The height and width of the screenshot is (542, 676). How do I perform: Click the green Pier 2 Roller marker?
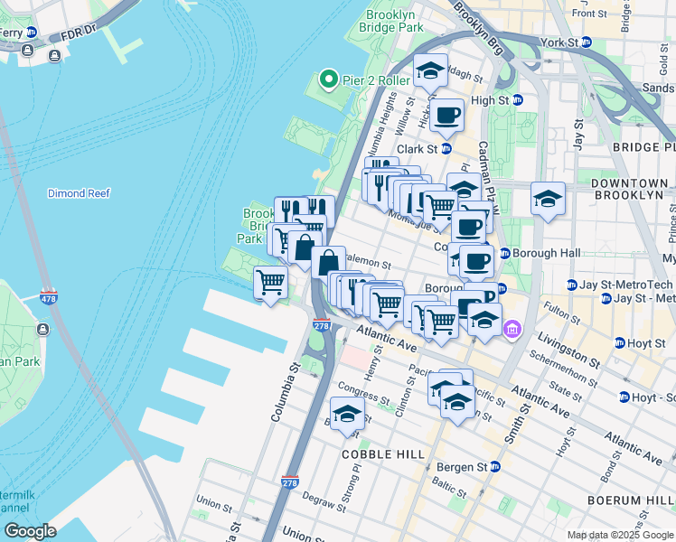pyautogui.click(x=329, y=80)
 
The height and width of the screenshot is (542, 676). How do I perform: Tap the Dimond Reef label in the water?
pyautogui.click(x=80, y=193)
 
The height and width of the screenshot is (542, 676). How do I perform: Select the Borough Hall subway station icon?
pyautogui.click(x=504, y=253)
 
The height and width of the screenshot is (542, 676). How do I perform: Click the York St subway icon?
pyautogui.click(x=586, y=42)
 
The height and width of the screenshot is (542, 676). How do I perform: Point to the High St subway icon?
pyautogui.click(x=518, y=100)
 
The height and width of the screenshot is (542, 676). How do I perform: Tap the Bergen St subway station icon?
pyautogui.click(x=494, y=467)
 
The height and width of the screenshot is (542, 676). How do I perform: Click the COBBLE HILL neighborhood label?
pyautogui.click(x=384, y=453)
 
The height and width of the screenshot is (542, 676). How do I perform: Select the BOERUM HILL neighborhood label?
pyautogui.click(x=642, y=500)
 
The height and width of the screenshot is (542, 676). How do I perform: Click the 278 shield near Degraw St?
pyautogui.click(x=289, y=484)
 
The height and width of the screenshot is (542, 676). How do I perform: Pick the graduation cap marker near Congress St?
pyautogui.click(x=347, y=414)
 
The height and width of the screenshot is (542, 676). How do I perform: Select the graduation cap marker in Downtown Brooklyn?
pyautogui.click(x=547, y=199)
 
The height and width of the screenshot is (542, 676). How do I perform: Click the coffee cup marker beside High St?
pyautogui.click(x=447, y=115)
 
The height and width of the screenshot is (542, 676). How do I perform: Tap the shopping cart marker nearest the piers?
pyautogui.click(x=270, y=282)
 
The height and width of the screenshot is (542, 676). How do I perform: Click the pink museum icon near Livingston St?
pyautogui.click(x=513, y=331)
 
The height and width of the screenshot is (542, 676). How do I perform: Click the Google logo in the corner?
pyautogui.click(x=30, y=531)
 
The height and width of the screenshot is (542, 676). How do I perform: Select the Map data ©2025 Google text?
pyautogui.click(x=619, y=535)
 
